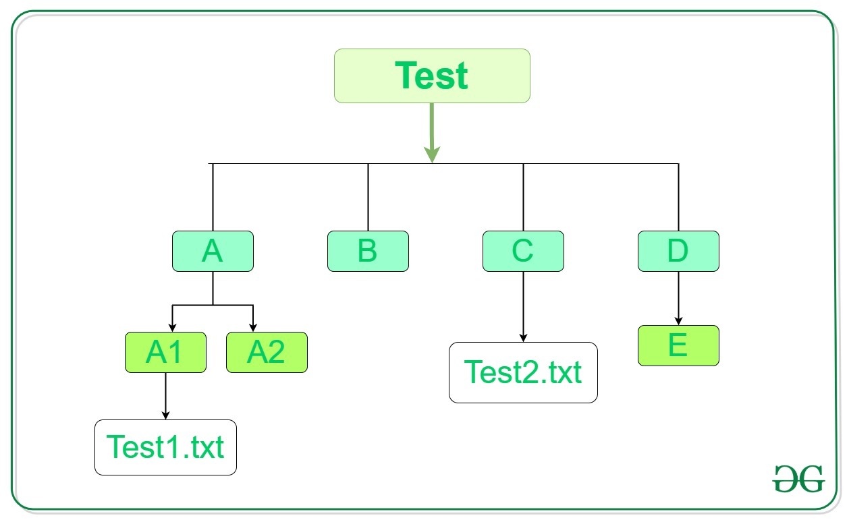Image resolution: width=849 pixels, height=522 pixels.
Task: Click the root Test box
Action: (x=432, y=76)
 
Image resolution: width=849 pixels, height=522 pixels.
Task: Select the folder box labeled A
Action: (x=213, y=252)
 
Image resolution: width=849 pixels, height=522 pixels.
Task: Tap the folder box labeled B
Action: (x=368, y=252)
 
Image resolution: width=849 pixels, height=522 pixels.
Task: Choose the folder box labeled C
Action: (x=523, y=252)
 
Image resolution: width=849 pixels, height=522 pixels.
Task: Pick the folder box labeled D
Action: (x=678, y=252)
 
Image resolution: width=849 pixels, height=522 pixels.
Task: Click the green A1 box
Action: (x=165, y=352)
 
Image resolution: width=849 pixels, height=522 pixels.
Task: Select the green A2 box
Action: (x=267, y=352)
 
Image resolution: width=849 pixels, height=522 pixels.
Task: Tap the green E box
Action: (x=678, y=346)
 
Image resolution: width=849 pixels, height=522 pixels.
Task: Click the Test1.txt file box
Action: (x=165, y=447)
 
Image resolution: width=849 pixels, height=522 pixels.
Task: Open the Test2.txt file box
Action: (x=523, y=372)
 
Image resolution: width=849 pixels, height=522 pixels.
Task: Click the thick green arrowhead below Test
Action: (x=432, y=154)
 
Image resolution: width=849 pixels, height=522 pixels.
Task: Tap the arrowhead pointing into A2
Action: (x=253, y=327)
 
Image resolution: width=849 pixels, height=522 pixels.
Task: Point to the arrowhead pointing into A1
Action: (x=172, y=327)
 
